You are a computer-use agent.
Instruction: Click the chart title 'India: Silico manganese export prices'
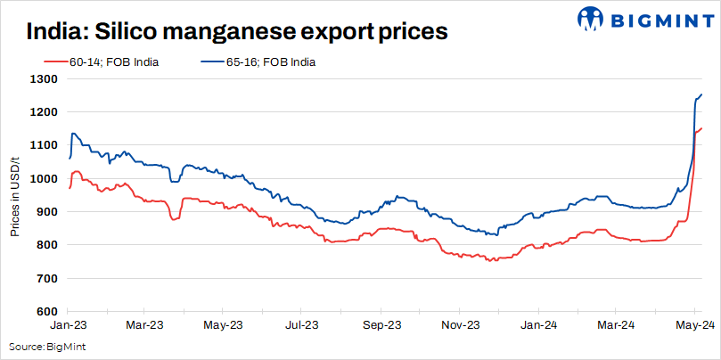click(236, 33)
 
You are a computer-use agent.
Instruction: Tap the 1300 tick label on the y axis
click(45, 79)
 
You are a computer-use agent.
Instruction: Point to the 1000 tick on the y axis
click(45, 178)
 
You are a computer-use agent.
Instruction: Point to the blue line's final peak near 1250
click(701, 94)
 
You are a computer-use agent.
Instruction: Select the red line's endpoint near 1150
click(701, 128)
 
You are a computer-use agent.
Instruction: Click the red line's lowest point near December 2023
click(489, 261)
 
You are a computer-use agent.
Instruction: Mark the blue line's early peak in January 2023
click(73, 134)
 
